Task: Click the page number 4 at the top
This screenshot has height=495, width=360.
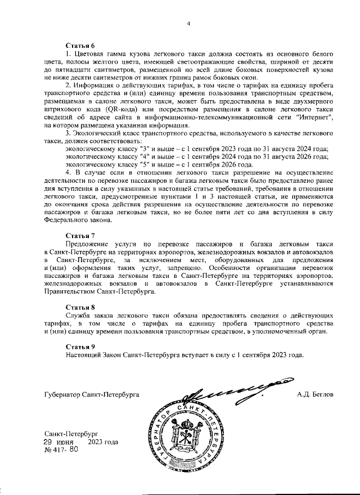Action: pyautogui.click(x=189, y=23)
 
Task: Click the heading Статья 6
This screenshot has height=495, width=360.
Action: pyautogui.click(x=80, y=44)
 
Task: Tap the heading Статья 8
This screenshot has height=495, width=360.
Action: pyautogui.click(x=80, y=308)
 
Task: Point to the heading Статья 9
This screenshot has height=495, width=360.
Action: pyautogui.click(x=80, y=348)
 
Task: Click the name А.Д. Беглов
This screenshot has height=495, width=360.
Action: pyautogui.click(x=315, y=395)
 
